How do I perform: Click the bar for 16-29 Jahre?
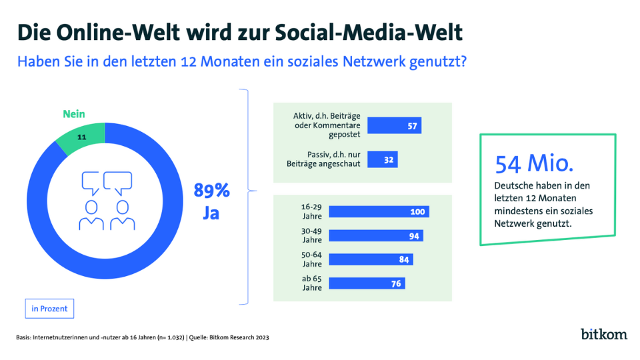(379, 212)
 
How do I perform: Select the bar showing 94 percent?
(376, 236)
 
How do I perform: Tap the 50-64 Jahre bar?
(371, 259)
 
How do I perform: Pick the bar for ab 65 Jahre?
(367, 283)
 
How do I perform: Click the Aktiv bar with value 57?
(395, 125)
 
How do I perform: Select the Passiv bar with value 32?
(383, 160)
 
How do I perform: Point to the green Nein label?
(74, 114)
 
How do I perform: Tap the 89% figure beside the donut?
(211, 191)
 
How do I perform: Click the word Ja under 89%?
(211, 215)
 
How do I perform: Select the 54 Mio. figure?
(534, 164)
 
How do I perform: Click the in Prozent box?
(49, 309)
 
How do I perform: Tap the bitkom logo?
(603, 333)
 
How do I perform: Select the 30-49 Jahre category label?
(311, 236)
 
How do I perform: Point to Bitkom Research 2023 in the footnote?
(238, 338)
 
